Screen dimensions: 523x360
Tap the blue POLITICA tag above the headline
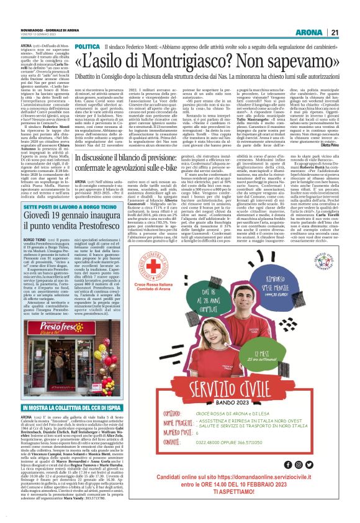[x=87, y=47]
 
